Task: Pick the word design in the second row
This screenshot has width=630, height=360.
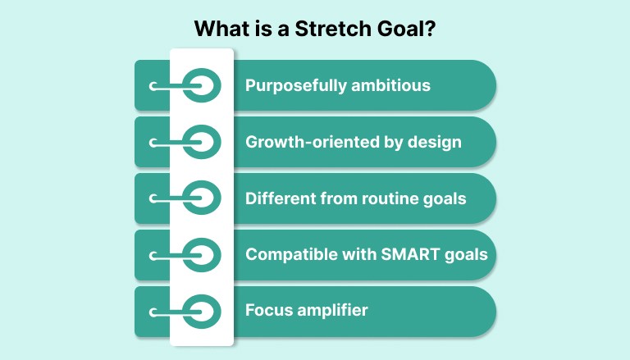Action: coord(432,142)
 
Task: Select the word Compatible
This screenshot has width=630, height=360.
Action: coord(288,254)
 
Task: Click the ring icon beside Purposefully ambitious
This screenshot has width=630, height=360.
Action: coord(201,85)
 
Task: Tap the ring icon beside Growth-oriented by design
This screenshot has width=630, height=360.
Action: coord(201,142)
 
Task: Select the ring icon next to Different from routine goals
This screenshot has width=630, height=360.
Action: coord(201,198)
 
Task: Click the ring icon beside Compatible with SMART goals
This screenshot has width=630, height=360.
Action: coord(201,255)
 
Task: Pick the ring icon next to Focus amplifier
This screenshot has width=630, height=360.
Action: coord(201,312)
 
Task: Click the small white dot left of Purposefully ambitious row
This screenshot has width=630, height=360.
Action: coord(153,85)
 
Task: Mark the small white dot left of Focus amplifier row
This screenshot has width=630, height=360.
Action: coord(153,312)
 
